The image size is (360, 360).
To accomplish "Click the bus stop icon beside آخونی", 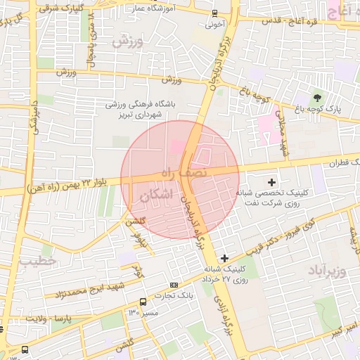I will pos(214,13).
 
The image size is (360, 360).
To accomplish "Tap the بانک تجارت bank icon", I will pos(174,285).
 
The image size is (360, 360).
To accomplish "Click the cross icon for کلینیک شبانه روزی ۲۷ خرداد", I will pos(224,258).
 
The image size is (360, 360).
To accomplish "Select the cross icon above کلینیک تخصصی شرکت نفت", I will pos(272,182).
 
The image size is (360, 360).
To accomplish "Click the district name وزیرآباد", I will pos(328,271).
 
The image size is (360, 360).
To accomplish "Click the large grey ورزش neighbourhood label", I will pos(127,41).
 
